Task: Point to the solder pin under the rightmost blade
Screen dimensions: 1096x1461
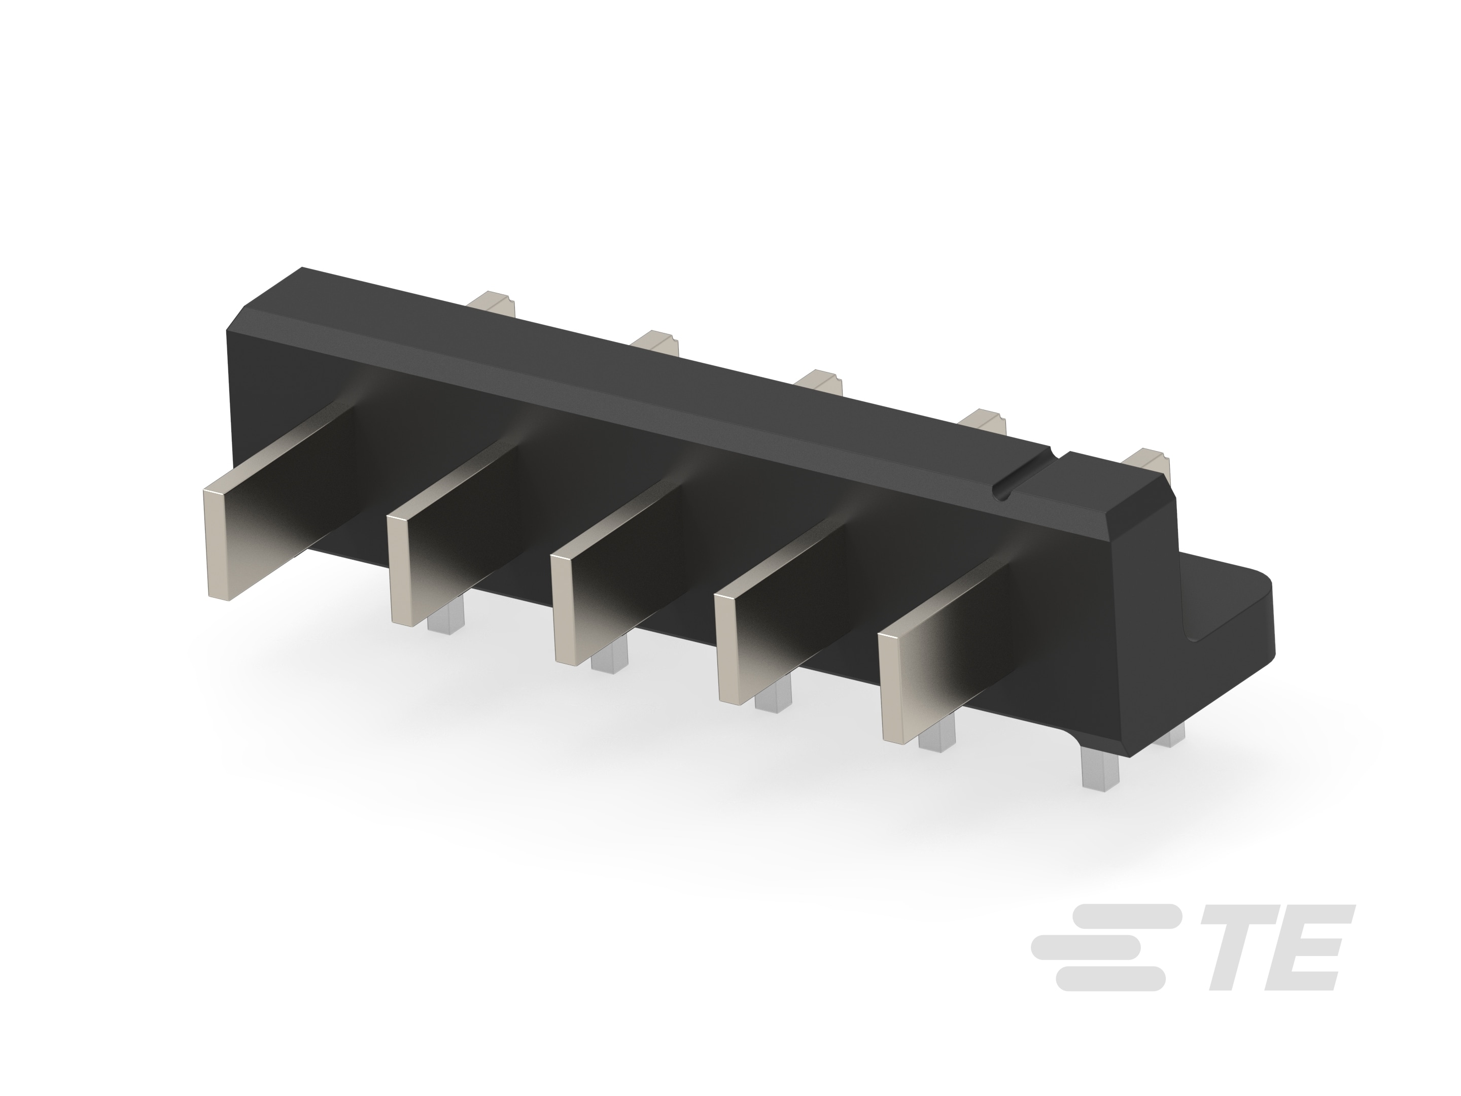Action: tap(936, 735)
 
